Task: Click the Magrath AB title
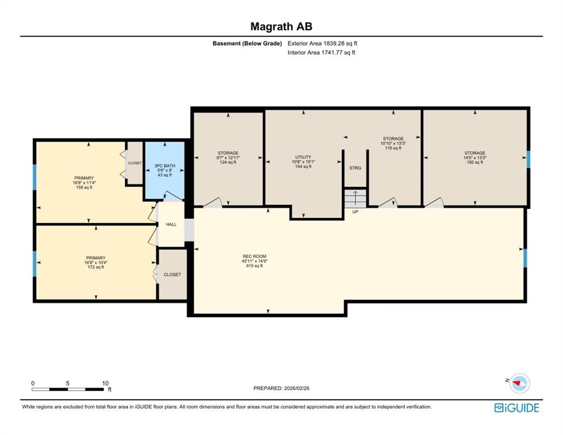[281, 27]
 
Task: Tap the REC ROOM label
[254, 261]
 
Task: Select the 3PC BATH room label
[165, 170]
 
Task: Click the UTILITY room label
[303, 162]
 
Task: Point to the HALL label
[171, 224]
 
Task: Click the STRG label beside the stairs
[355, 168]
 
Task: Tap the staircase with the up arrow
[355, 198]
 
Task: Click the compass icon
[519, 383]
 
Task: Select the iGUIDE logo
[517, 408]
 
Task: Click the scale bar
[68, 389]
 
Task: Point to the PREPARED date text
[281, 388]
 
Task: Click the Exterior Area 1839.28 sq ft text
[322, 44]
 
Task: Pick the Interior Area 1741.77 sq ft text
[321, 52]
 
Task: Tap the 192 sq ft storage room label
[475, 157]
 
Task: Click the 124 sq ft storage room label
[228, 157]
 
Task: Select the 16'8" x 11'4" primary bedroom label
[84, 182]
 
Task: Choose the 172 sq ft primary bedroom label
[96, 262]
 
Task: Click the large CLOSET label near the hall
[172, 275]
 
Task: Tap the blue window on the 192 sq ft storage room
[528, 160]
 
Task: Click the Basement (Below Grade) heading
[247, 44]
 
